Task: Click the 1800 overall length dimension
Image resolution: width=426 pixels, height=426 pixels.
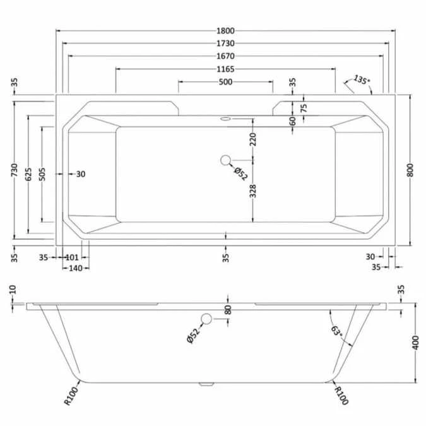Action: click(226, 31)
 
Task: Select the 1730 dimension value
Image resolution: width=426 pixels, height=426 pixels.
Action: click(226, 44)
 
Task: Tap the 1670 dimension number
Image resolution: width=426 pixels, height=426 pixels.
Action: click(226, 56)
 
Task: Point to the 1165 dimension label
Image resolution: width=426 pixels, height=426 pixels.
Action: click(226, 69)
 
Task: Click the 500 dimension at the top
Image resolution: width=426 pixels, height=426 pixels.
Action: click(226, 82)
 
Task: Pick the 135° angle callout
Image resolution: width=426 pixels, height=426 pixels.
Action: click(361, 80)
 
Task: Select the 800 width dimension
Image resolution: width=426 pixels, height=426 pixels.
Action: click(411, 170)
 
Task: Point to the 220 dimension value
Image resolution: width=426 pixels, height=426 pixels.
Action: click(253, 139)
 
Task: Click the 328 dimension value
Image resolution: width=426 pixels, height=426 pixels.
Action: click(253, 191)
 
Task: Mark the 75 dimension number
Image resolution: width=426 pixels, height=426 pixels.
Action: click(304, 107)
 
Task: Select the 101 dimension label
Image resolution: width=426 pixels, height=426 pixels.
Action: click(71, 257)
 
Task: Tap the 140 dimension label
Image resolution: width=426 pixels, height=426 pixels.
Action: click(76, 268)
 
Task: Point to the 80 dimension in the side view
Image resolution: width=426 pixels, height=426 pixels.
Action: click(228, 309)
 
